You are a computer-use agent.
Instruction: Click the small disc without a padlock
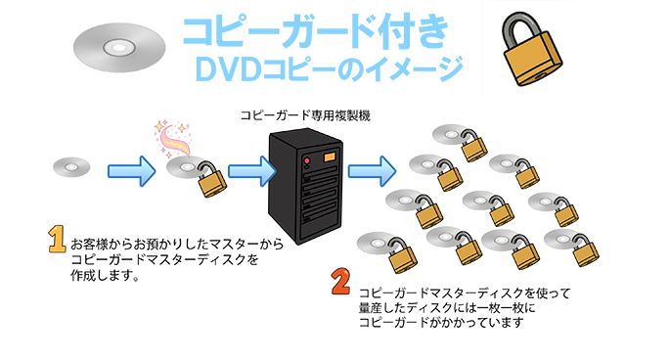[x=71, y=168]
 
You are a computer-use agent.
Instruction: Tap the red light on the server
[x=308, y=158]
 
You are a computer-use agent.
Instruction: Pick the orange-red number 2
[x=340, y=283]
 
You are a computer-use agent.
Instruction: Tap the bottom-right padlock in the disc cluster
[x=585, y=252]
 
